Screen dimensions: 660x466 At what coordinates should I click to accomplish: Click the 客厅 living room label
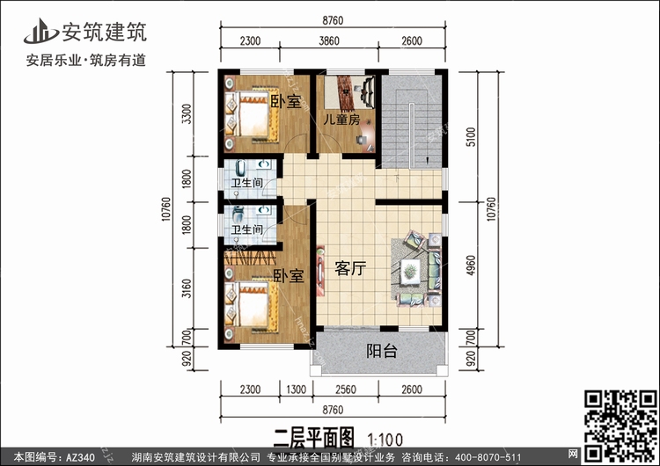pos(350,268)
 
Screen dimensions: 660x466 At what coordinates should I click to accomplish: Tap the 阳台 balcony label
pos(382,350)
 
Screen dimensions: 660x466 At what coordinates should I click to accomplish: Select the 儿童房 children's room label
pos(341,120)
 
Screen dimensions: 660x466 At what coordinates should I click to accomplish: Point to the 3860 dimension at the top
pos(329,40)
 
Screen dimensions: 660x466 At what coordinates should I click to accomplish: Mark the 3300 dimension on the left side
pos(187,114)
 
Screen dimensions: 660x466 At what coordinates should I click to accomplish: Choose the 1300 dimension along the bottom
pos(296,390)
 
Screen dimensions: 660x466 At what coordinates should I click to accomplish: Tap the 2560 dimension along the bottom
pos(346,390)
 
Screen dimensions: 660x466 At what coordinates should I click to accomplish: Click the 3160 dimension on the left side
pos(187,288)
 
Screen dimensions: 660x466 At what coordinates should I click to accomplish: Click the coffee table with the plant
pos(410,270)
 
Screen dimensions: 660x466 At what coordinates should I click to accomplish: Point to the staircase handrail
pos(413,136)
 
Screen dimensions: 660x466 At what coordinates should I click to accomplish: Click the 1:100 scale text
pos(385,440)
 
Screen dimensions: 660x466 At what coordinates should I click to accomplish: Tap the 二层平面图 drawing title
pos(314,438)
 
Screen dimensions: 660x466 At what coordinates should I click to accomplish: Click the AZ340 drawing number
pos(80,457)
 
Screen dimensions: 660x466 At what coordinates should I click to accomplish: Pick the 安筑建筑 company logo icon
pos(40,32)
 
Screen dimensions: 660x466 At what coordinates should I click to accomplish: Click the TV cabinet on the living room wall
pos(320,271)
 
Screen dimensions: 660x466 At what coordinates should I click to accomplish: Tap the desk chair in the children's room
pos(361,140)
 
